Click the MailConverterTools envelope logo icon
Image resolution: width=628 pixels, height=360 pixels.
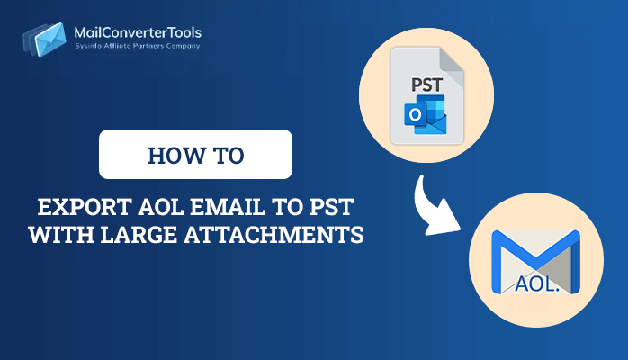click(44, 40)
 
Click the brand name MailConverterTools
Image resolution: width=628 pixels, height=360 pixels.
click(138, 32)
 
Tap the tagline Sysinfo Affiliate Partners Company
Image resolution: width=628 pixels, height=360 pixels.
click(138, 46)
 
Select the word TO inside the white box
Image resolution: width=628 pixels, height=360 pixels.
click(229, 156)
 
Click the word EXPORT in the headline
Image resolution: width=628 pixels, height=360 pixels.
click(85, 207)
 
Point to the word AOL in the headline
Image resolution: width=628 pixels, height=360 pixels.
click(161, 207)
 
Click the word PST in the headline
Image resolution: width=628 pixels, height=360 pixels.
click(331, 207)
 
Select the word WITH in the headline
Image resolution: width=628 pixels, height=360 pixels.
click(62, 235)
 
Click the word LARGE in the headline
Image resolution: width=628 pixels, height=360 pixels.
click(139, 235)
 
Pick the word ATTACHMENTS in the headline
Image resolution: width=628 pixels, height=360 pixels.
click(274, 235)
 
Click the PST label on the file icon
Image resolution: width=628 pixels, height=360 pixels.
click(427, 85)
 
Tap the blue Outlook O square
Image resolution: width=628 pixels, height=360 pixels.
click(415, 115)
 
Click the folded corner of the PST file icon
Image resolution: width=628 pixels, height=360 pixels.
click(452, 62)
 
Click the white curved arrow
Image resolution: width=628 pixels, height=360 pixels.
click(434, 208)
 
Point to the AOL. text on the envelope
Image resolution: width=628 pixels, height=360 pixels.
click(537, 283)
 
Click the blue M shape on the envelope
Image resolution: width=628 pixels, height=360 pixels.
click(535, 256)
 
